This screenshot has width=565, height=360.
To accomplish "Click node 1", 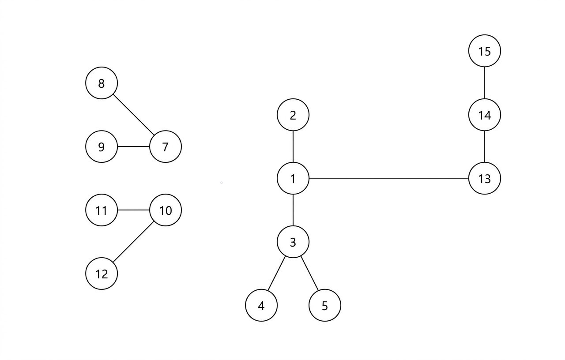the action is coord(293,178).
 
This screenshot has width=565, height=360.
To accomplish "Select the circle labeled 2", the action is coord(293,115).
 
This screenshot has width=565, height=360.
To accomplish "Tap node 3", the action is coord(293,242).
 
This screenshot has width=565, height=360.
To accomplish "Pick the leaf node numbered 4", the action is coord(261,305).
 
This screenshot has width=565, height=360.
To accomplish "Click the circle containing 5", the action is coord(325,305).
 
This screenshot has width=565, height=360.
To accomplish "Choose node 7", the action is coord(166,146).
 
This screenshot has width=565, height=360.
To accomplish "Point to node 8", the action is coord(102,83).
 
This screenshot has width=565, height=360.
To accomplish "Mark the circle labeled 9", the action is coord(102,146).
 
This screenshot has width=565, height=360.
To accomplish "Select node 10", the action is coord(166,210).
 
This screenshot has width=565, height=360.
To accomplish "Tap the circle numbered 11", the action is coord(102,210).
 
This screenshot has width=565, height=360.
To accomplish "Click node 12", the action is coord(102,274).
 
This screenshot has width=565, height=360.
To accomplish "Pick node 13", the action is coord(484,178).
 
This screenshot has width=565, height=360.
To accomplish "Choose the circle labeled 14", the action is coord(484,115).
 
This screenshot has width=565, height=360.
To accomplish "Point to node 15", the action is coord(484,51).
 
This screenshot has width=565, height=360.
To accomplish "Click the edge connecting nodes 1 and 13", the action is coord(388,178).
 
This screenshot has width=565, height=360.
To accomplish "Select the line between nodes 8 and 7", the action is coord(134,115).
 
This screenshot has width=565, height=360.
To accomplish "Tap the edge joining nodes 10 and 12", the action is coord(134,242).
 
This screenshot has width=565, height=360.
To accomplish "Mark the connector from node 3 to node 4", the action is coord(277,274).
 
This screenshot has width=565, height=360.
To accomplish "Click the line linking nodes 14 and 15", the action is coord(484,83).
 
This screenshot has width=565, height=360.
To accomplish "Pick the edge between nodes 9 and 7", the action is coord(134,146).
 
